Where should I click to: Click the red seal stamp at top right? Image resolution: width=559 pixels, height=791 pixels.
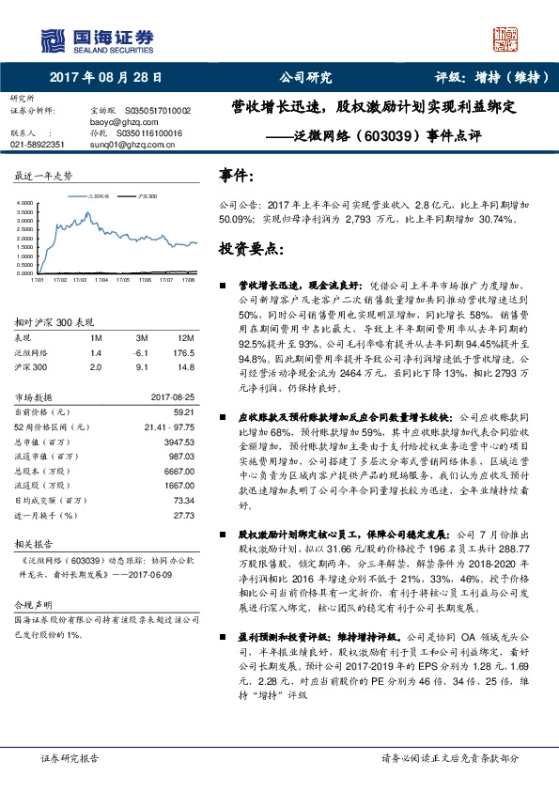[507, 39]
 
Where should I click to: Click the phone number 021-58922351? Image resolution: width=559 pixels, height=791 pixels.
[38, 145]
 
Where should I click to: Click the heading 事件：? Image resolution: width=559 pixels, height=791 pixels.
[236, 176]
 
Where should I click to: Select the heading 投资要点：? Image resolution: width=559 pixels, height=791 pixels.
[250, 250]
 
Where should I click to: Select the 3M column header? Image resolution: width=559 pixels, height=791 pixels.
[142, 337]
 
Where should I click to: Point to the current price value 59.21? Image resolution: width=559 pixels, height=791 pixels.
[183, 411]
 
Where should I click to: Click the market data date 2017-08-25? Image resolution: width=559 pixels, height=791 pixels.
[173, 397]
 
